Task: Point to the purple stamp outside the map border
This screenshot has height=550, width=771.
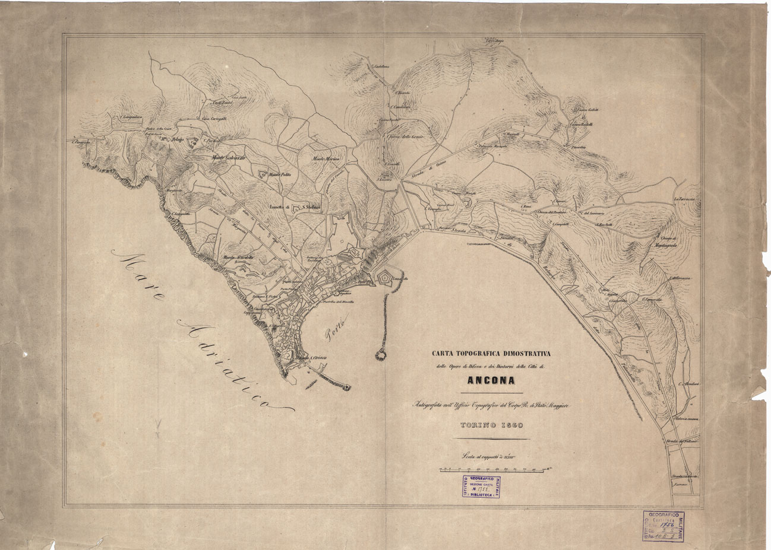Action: [x=661, y=524]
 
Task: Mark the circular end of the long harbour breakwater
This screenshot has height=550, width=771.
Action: [x=379, y=354]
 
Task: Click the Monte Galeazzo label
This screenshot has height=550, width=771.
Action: [x=229, y=157]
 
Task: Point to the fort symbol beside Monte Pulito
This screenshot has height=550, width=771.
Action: [x=262, y=174]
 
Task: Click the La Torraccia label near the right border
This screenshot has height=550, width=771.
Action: [x=685, y=199]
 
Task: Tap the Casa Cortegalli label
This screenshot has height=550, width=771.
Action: [x=214, y=119]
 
